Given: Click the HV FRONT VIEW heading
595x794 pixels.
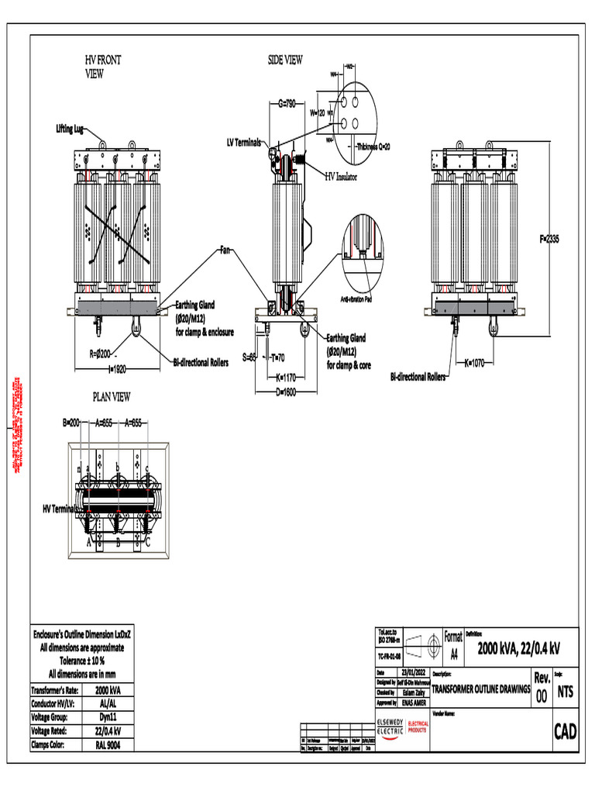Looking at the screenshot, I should tap(102, 67).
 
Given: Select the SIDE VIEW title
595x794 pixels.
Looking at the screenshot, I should tap(285, 60).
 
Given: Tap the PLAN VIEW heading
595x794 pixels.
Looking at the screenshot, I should tap(112, 397).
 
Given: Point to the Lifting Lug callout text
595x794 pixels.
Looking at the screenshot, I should tap(70, 128).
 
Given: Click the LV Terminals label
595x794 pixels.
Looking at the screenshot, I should tap(243, 143).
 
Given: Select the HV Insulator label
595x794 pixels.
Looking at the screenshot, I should tap(340, 176).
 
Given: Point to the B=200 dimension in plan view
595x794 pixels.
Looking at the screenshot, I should tap(71, 423).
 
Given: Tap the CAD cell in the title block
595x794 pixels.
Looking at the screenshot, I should tap(565, 732).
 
